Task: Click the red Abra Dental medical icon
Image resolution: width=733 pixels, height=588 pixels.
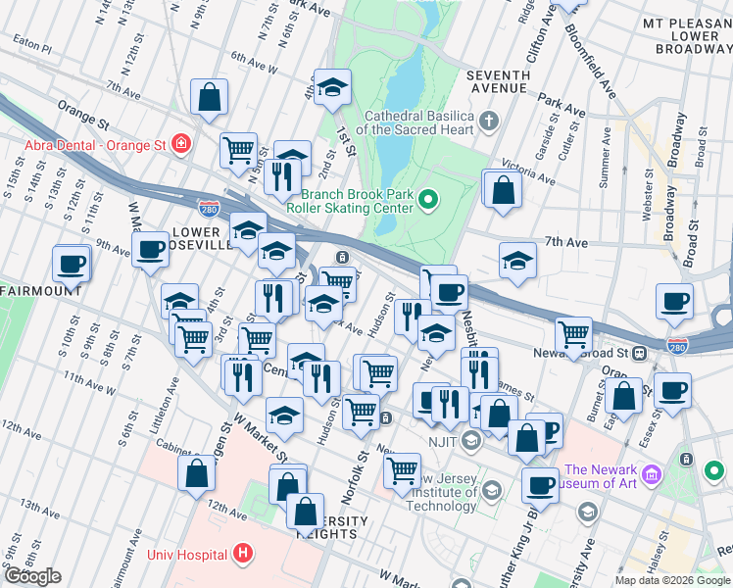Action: [180, 145]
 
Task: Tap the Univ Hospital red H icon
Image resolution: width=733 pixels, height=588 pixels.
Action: [243, 555]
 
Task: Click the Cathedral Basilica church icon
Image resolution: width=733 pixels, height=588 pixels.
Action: [490, 122]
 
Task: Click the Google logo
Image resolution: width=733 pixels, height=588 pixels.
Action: [33, 576]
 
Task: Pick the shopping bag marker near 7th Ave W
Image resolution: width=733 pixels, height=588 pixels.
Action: [210, 97]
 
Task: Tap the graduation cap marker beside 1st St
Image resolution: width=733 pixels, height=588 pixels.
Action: [332, 88]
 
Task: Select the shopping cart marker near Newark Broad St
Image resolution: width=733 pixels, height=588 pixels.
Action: [573, 334]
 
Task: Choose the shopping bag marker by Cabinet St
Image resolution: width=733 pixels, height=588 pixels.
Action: [197, 473]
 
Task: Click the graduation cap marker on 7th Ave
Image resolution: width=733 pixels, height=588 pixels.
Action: [517, 261]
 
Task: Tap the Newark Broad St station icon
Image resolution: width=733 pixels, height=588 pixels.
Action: [638, 353]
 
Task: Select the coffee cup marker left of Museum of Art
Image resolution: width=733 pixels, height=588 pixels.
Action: [538, 484]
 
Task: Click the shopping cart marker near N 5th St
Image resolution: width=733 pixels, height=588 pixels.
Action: [238, 151]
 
